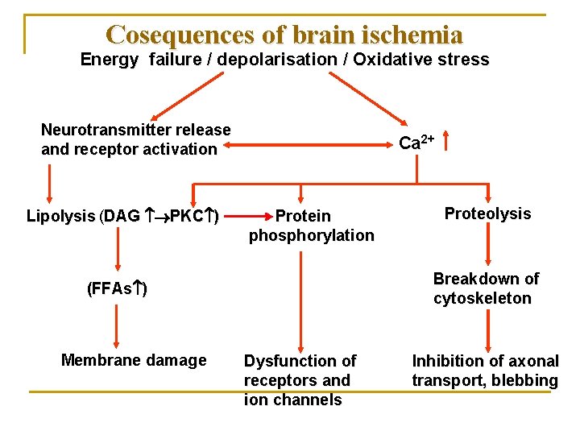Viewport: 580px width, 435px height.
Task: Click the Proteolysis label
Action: [487, 213]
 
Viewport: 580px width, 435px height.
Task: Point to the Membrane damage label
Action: [134, 360]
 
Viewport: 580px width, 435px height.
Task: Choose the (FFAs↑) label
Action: [117, 288]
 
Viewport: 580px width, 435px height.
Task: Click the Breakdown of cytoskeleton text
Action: [486, 288]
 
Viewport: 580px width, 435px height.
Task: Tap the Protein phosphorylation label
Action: [311, 226]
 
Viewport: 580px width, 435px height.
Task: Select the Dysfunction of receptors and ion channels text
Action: [300, 380]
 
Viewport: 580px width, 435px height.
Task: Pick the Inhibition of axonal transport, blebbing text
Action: [485, 371]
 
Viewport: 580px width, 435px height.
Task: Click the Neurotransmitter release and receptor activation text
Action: [135, 139]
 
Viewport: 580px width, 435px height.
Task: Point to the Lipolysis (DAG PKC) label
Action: [124, 216]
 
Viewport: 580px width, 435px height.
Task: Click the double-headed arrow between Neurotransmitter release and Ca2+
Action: [306, 146]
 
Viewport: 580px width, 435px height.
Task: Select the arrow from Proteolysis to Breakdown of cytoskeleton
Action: [489, 244]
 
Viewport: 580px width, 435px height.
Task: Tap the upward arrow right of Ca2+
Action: [445, 142]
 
